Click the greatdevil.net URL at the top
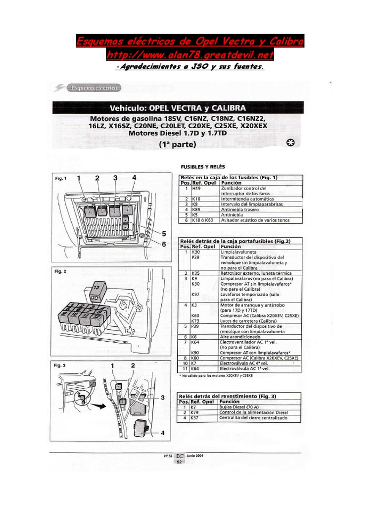click(190, 53)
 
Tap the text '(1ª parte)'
click(178, 145)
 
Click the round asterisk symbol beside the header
click(291, 143)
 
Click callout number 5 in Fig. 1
click(164, 233)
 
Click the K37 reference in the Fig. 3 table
click(195, 418)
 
